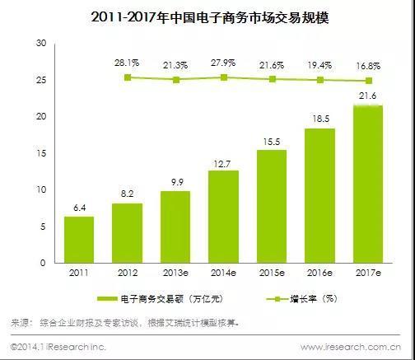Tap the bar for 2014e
[x=223, y=216]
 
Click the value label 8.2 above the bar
[x=127, y=194]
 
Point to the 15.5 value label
[x=271, y=141]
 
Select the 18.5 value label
[x=319, y=119]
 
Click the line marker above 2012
[x=127, y=77]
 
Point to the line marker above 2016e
[x=319, y=80]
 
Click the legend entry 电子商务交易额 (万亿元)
[x=161, y=299]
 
